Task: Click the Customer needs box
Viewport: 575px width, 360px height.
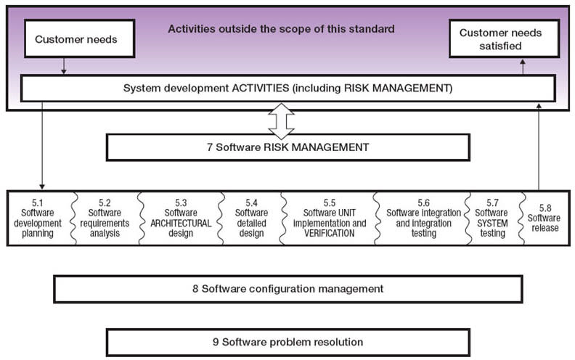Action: (x=80, y=38)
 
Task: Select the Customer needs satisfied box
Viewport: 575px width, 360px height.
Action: (x=505, y=38)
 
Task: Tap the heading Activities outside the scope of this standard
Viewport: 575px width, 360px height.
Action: (x=281, y=28)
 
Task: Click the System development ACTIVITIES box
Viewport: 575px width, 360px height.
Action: (x=288, y=89)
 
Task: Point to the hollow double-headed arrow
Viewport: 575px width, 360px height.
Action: (x=281, y=121)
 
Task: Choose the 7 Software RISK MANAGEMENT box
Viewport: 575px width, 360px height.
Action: (x=288, y=147)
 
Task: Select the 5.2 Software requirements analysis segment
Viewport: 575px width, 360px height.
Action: (x=105, y=218)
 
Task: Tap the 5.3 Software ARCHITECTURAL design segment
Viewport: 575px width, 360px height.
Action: (x=181, y=218)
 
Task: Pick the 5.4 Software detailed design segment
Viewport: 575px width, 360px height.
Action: (x=251, y=218)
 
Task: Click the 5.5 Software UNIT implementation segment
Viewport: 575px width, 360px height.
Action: (x=330, y=218)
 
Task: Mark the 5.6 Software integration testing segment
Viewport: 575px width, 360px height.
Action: (x=423, y=218)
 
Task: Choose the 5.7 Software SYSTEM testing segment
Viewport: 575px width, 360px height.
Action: (x=492, y=218)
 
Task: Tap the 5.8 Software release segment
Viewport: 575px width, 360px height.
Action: (x=546, y=218)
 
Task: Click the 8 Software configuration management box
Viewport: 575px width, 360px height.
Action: (x=288, y=289)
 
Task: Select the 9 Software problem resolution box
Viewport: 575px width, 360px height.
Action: (x=288, y=343)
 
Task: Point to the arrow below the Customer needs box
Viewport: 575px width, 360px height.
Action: (x=64, y=66)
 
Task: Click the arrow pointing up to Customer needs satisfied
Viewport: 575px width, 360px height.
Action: (x=523, y=67)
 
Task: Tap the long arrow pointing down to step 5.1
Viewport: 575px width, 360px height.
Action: (x=42, y=146)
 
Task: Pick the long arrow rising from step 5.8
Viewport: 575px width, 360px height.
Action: (x=539, y=147)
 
